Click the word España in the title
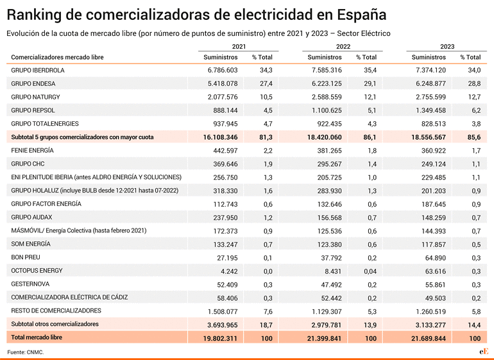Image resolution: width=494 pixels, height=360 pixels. pos(361,15)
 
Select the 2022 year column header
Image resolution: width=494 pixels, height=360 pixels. pos(343,47)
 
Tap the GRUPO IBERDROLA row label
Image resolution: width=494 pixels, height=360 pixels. pos(38,71)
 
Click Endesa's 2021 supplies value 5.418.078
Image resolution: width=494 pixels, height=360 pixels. pos(223,83)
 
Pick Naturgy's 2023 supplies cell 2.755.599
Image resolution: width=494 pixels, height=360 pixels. pos(430,97)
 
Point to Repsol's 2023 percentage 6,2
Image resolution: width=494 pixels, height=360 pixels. pos(476,110)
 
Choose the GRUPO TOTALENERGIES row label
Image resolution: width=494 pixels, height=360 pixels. pos(45,124)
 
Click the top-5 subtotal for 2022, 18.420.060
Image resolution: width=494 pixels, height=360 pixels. pos(325,137)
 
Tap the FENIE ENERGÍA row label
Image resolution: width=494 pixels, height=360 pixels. pos(33,150)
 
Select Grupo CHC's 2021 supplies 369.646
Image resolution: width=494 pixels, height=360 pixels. pos(225,164)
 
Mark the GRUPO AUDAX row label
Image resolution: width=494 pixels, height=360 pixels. pos(31,217)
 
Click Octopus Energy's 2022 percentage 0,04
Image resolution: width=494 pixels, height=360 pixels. pos(370,271)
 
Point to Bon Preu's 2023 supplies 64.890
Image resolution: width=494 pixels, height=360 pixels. pos(436,258)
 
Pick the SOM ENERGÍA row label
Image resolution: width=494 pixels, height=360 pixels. pos(31,244)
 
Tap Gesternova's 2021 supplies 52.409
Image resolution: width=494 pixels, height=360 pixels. pos(227,285)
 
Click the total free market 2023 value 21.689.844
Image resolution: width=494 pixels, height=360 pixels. pos(429,339)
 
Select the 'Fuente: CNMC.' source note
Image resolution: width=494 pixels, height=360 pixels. pos(26,352)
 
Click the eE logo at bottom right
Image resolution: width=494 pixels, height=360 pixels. pos(484,351)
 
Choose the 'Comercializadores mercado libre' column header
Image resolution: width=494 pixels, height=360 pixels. pos(57,57)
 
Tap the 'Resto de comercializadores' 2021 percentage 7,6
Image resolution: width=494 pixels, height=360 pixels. pos(268,311)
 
